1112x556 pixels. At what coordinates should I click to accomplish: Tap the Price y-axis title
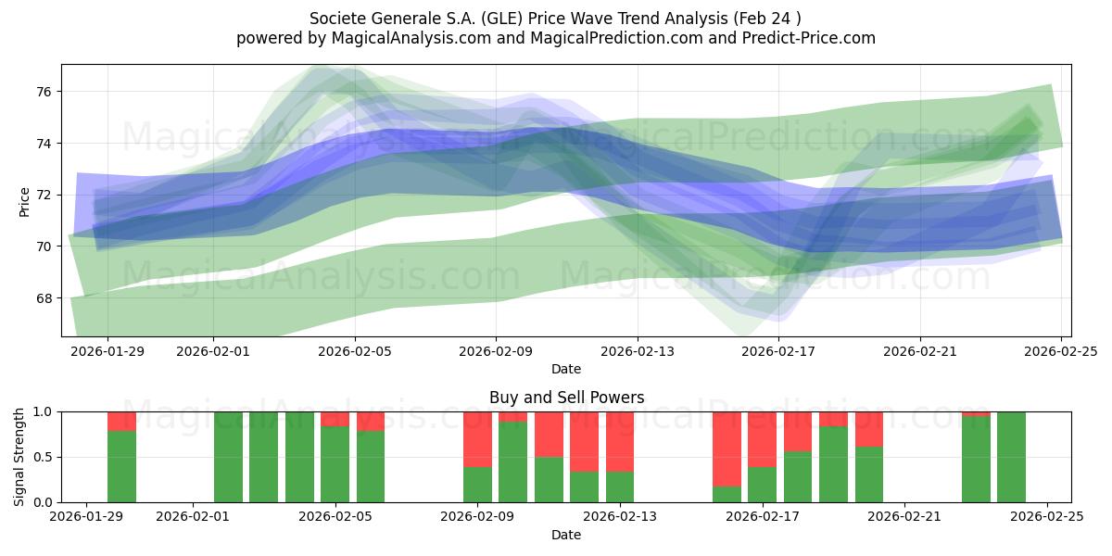coord(25,201)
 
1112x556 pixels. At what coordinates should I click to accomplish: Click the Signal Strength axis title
coord(19,457)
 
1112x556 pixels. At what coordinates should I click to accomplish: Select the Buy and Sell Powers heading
coord(566,398)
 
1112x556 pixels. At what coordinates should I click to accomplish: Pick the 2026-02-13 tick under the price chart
coord(638,351)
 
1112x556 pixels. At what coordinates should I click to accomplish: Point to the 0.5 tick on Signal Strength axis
coord(43,457)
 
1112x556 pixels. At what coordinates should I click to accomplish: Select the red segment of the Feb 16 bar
coord(727,449)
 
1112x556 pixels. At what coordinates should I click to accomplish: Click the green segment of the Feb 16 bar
coord(727,494)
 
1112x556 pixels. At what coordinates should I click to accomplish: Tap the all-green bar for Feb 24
coord(1011,457)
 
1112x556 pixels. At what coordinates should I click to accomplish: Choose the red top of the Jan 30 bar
coord(121,421)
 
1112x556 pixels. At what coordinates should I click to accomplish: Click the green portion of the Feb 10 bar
coord(513,461)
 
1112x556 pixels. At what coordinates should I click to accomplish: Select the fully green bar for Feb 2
coord(228,457)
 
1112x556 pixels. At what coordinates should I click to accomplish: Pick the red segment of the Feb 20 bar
coord(868,429)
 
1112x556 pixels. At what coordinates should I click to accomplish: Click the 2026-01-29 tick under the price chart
coord(107,351)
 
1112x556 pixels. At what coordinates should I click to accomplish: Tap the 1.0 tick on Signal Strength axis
coord(43,411)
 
